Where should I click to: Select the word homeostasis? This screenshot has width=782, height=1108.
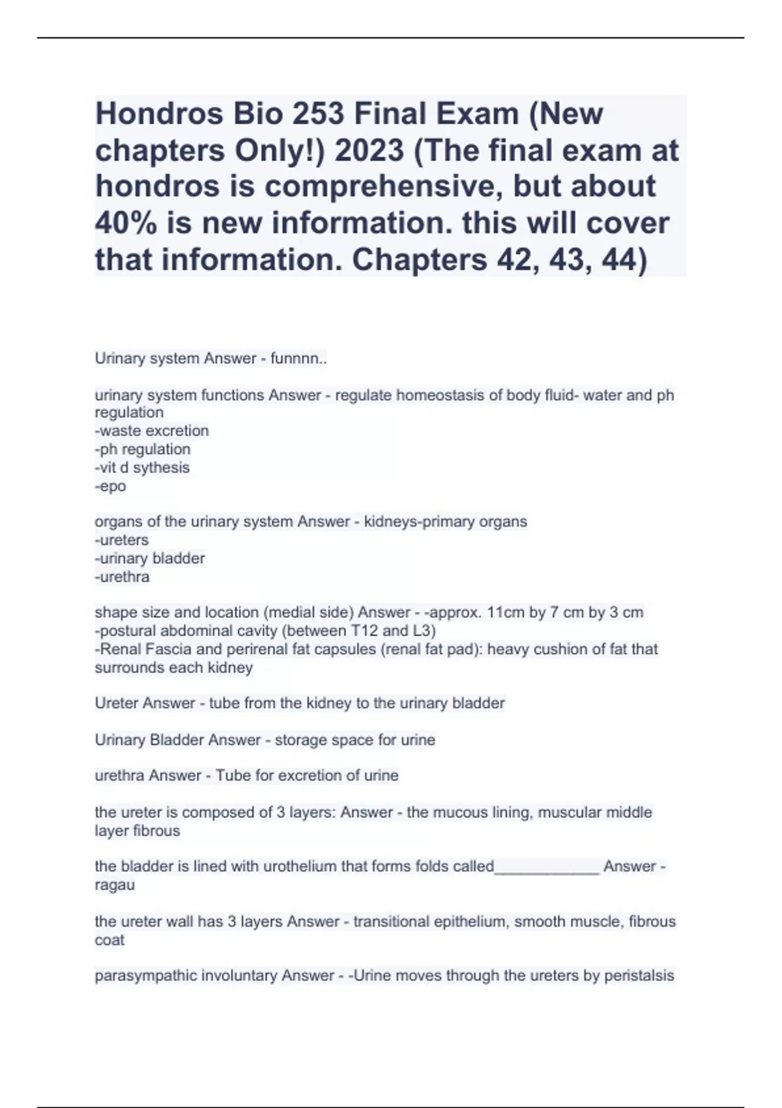point(439,396)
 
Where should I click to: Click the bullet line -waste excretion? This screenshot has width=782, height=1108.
point(152,431)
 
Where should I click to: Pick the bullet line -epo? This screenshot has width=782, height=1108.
point(110,486)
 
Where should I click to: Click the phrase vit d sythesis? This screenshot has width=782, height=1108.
point(144,468)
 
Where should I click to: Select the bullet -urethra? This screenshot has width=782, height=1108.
point(122,577)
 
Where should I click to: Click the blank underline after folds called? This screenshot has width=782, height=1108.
point(547,867)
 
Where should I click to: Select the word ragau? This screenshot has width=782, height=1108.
point(115,886)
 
